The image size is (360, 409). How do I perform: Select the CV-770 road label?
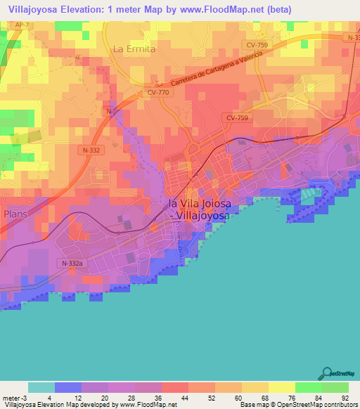(159, 91)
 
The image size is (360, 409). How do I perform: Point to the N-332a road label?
(72, 263)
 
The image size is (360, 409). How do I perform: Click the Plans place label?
(15, 213)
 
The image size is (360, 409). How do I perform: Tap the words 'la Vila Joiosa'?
(200, 203)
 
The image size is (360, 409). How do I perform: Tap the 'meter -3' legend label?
(13, 398)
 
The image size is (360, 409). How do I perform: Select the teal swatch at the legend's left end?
(41, 387)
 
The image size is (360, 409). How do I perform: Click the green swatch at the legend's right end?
(335, 387)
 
